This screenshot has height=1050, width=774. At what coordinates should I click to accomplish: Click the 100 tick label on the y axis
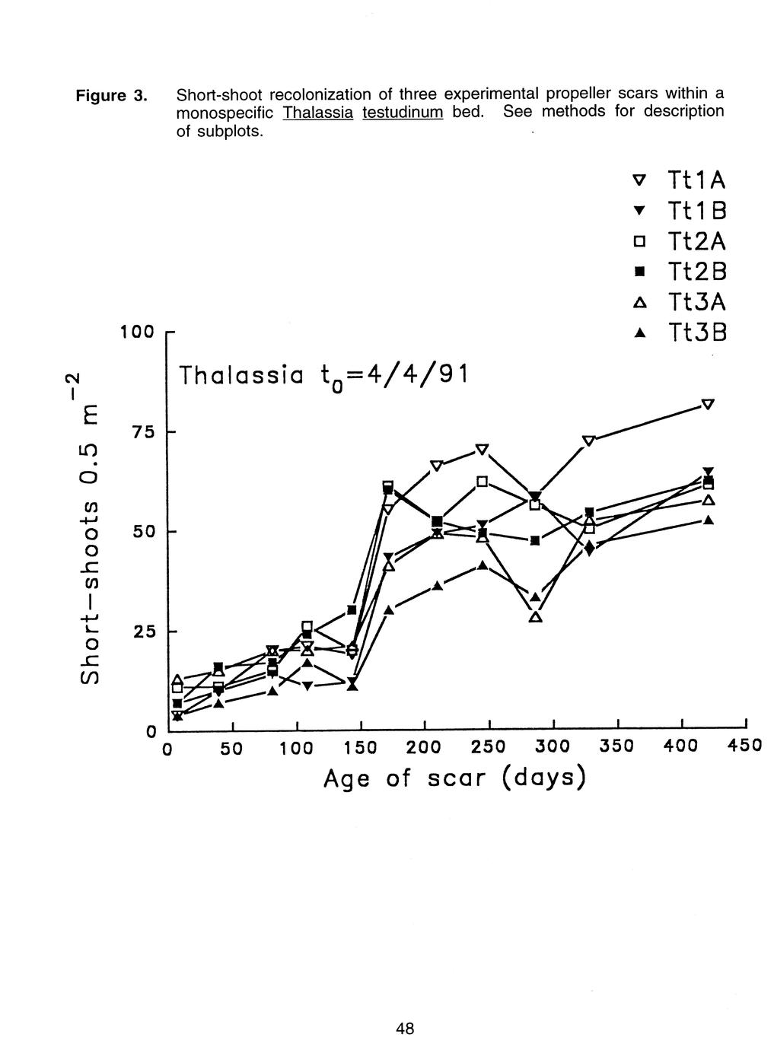pyautogui.click(x=138, y=332)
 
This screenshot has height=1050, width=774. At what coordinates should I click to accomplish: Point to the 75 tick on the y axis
pyautogui.click(x=142, y=432)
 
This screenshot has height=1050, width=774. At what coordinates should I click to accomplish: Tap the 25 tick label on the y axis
pyautogui.click(x=142, y=632)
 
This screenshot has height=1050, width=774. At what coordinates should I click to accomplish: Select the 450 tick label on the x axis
pyautogui.click(x=744, y=746)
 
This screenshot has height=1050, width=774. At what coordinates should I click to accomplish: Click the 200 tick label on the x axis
pyautogui.click(x=424, y=746)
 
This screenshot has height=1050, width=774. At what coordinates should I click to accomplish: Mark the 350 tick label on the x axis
pyautogui.click(x=617, y=746)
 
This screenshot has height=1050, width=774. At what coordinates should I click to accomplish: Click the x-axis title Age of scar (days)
pyautogui.click(x=455, y=778)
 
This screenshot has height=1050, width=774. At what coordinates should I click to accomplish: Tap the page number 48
pyautogui.click(x=405, y=1029)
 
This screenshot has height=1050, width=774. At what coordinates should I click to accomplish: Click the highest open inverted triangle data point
pyautogui.click(x=708, y=404)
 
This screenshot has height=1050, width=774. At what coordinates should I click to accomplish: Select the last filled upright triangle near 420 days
pyautogui.click(x=708, y=520)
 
